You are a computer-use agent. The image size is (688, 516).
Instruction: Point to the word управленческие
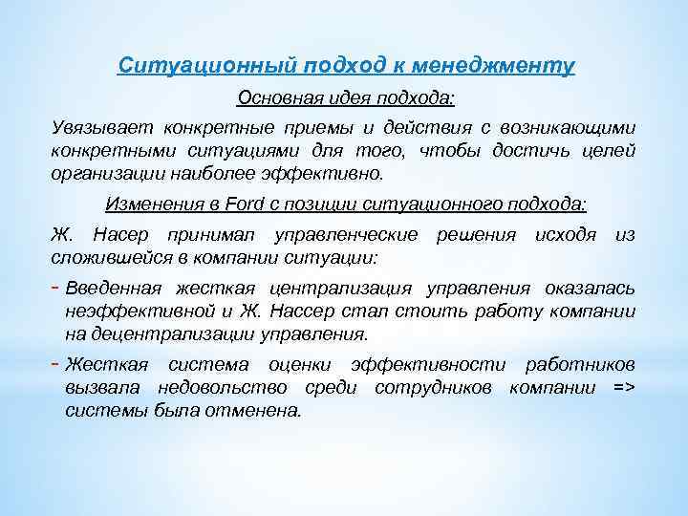coord(346,235)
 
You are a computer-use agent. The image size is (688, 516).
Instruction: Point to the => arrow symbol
coord(623,388)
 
